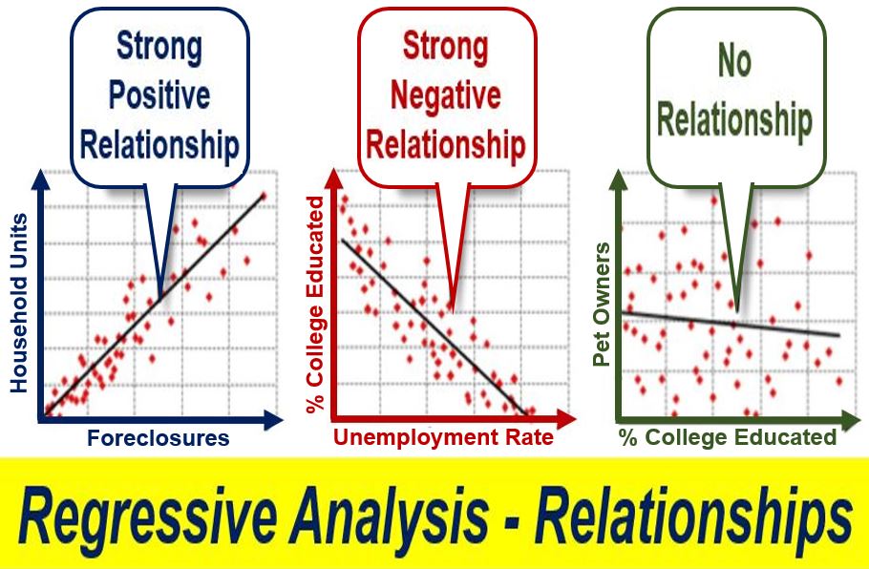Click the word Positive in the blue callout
pos(159,96)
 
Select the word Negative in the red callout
pos(446,95)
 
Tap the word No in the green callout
pos(734,60)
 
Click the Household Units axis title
pos(19,303)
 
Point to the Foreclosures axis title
pos(159,438)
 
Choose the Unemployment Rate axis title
pos(443,437)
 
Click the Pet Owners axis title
pos(602,305)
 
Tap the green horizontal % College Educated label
pos(728,437)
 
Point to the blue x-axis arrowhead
pos(274,419)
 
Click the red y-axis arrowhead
pos(334,180)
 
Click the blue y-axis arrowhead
pos(41,180)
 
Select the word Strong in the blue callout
pos(159,47)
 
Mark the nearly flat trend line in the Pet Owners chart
pos(731,324)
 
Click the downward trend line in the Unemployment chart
pos(434,327)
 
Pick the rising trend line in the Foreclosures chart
pos(155,305)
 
